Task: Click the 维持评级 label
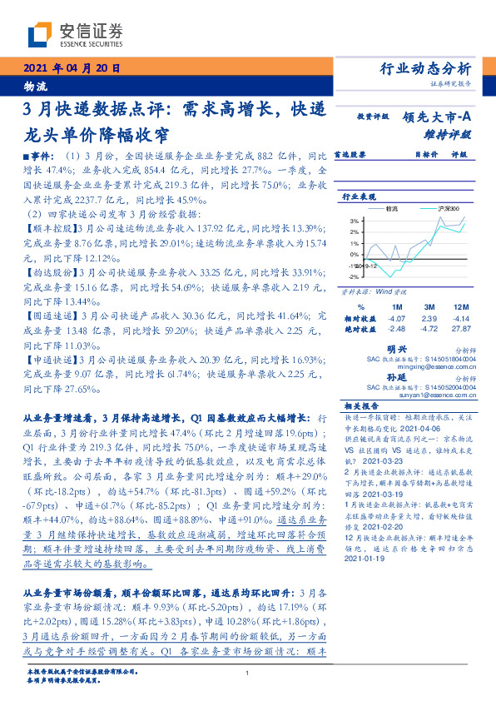pos(453,134)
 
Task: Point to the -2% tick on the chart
pos(354,276)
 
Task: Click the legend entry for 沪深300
pos(445,208)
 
